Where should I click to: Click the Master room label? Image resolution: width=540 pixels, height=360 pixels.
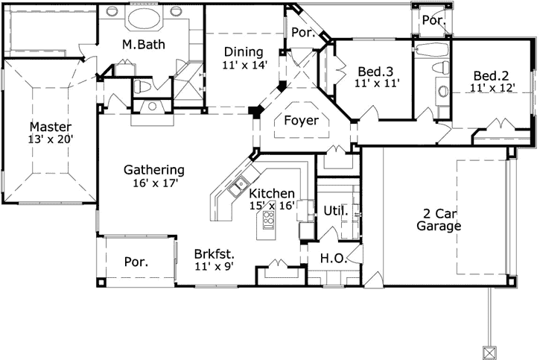point(50,126)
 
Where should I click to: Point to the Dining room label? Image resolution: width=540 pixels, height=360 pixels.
point(243,51)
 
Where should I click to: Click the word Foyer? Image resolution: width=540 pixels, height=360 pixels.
point(302,120)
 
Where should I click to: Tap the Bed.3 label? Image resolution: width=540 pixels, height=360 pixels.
point(375,72)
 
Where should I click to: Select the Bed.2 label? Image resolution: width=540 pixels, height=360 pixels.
point(492,75)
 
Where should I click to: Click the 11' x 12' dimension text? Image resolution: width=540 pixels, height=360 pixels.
point(492,87)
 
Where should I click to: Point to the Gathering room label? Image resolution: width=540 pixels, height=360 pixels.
point(154,169)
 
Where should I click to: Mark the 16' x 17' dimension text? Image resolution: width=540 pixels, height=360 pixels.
point(154,182)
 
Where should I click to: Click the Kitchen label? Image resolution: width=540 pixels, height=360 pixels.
point(271,193)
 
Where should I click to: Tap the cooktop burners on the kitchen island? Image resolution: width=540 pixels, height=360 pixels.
point(267,220)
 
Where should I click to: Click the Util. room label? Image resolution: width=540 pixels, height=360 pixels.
point(335,211)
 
